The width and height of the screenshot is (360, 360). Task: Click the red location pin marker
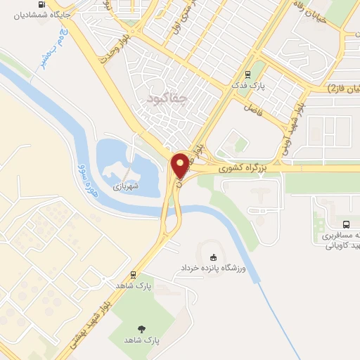coord(180,165)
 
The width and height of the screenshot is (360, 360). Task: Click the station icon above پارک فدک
coord(247,74)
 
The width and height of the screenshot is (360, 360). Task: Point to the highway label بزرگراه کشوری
coord(240,169)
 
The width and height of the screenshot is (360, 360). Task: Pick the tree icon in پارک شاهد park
coord(143,328)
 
